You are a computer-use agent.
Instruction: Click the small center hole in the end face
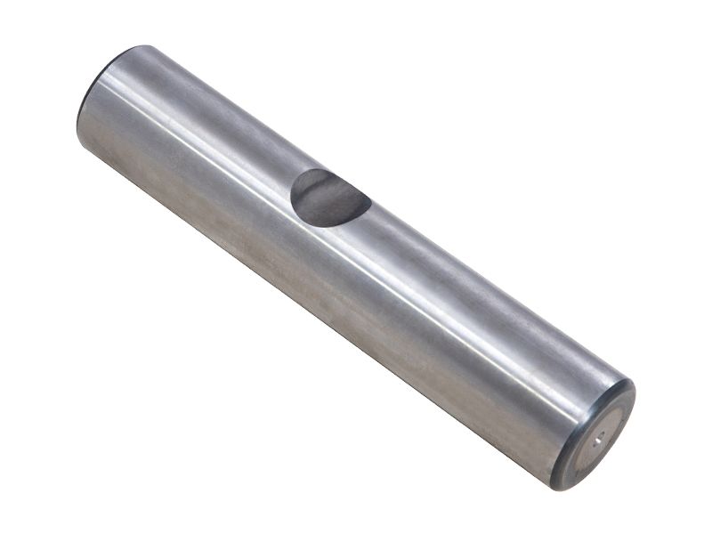pos(599,436)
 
